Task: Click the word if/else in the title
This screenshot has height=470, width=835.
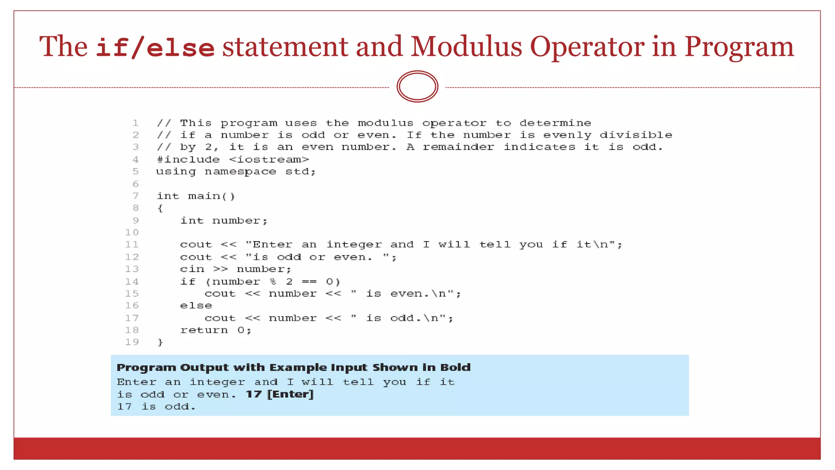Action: click(x=155, y=47)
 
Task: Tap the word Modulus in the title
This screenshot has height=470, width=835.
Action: click(x=466, y=47)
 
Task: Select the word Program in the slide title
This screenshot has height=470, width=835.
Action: click(x=739, y=47)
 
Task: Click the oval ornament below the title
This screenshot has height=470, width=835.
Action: click(x=417, y=86)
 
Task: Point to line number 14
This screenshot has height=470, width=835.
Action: click(x=132, y=282)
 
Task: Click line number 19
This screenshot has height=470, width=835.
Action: click(x=132, y=342)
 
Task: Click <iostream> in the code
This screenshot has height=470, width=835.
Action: click(x=269, y=160)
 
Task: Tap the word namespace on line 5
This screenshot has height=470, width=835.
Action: click(x=240, y=172)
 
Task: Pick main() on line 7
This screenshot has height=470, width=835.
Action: click(x=211, y=196)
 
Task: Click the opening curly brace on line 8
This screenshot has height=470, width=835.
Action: click(x=160, y=208)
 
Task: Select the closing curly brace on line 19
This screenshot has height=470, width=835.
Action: click(x=160, y=342)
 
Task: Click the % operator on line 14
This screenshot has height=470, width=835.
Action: click(x=273, y=282)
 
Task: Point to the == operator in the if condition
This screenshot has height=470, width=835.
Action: click(x=309, y=282)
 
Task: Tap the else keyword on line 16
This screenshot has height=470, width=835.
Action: click(x=196, y=306)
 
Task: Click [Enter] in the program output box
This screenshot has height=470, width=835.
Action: click(x=290, y=394)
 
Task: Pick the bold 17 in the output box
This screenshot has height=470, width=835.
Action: click(x=254, y=394)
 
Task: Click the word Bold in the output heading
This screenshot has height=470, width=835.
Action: click(x=455, y=368)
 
